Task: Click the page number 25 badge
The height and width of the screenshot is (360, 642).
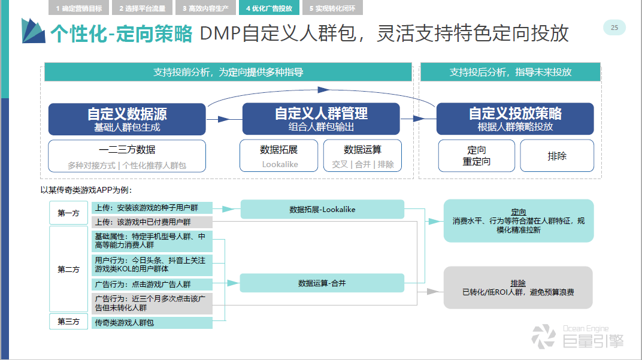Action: point(614,28)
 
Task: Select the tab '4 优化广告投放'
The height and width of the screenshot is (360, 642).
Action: point(269,8)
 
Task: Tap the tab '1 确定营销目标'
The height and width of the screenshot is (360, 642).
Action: point(78,8)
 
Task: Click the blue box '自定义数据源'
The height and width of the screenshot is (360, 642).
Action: point(127,119)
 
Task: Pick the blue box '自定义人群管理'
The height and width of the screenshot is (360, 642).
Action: point(321,119)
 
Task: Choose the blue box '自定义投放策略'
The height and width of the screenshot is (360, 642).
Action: point(515,119)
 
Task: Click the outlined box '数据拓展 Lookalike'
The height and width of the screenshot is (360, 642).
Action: point(279,156)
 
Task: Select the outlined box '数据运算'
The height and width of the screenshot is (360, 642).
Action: point(362,156)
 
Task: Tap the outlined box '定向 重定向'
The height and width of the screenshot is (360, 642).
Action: point(477,156)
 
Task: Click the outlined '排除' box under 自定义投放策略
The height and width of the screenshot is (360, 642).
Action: point(557,156)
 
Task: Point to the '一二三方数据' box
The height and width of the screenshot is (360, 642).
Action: point(127,156)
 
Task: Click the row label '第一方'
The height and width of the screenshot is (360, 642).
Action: point(68,213)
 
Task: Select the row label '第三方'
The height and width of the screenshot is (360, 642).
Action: point(68,322)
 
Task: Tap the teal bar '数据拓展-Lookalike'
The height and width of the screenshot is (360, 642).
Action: point(322,209)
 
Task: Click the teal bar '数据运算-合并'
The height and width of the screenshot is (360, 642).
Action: point(322,283)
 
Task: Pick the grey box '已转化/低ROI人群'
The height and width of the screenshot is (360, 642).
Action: point(518,288)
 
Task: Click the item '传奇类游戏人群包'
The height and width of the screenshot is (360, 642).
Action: point(152,323)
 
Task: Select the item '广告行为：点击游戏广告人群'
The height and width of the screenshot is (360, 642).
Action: point(152,285)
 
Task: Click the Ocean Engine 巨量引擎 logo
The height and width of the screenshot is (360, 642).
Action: point(577,337)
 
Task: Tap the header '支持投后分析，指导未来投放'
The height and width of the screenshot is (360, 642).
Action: point(511,72)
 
